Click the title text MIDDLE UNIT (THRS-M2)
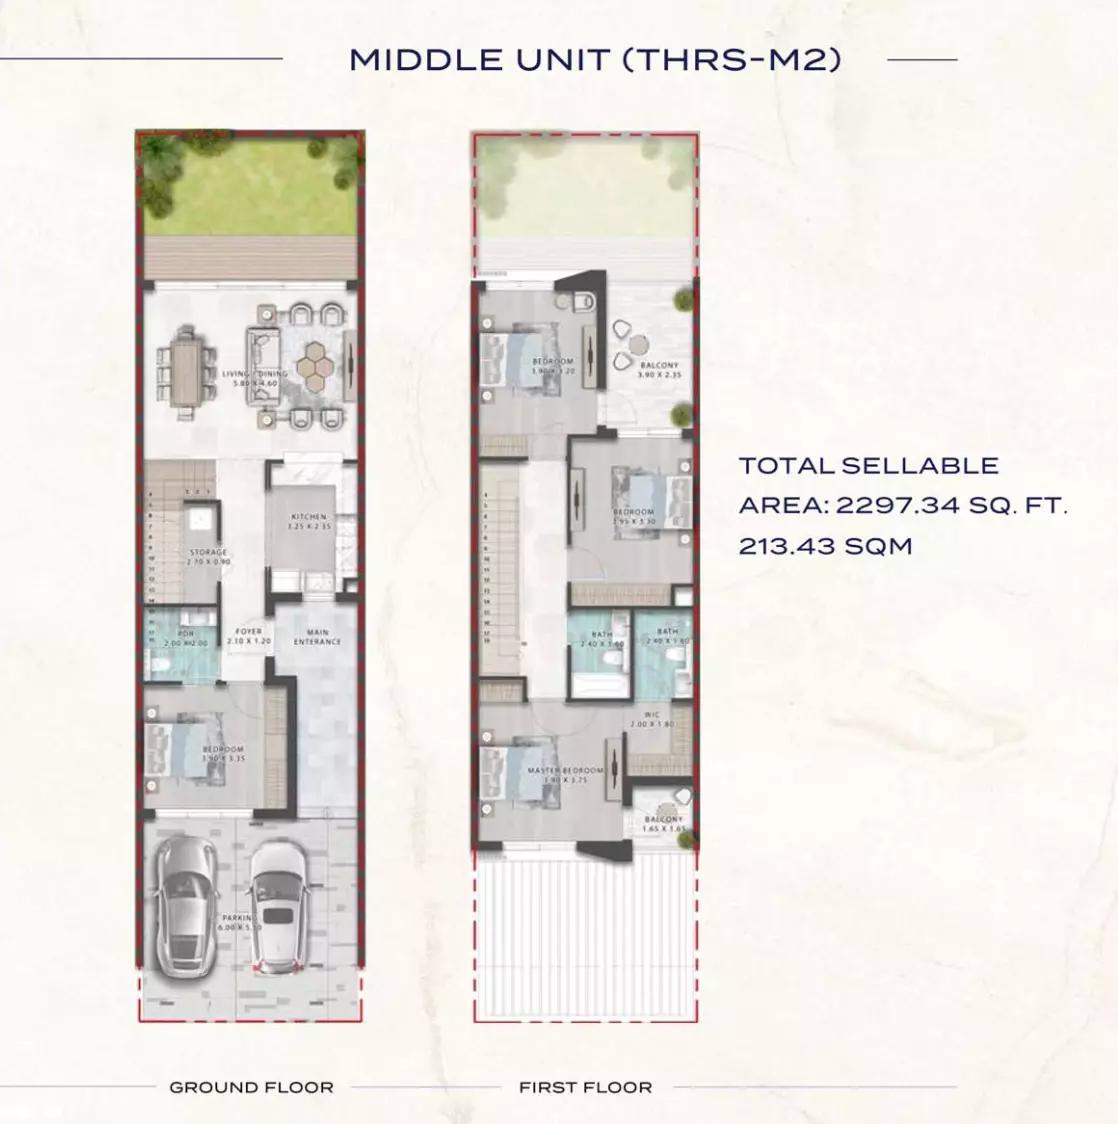(594, 60)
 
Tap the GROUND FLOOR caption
(251, 1087)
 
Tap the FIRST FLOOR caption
(585, 1087)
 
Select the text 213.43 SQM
(825, 546)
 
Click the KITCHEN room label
(308, 517)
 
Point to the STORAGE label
(208, 552)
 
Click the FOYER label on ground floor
(248, 632)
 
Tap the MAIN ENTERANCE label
(318, 636)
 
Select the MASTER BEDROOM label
(566, 771)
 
